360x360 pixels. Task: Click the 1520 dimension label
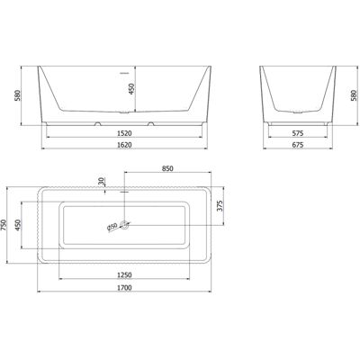tap(124, 133)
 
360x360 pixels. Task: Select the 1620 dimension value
tap(124, 145)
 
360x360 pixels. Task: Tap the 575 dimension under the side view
tap(298, 133)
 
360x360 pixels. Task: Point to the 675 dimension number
tap(298, 145)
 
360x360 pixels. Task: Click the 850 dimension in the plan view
tap(167, 168)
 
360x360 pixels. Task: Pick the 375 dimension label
tap(220, 206)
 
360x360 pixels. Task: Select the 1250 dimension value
tap(124, 274)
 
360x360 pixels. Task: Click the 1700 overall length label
tap(124, 288)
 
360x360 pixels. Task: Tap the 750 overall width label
tap(4, 225)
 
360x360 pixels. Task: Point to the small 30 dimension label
tap(102, 181)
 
